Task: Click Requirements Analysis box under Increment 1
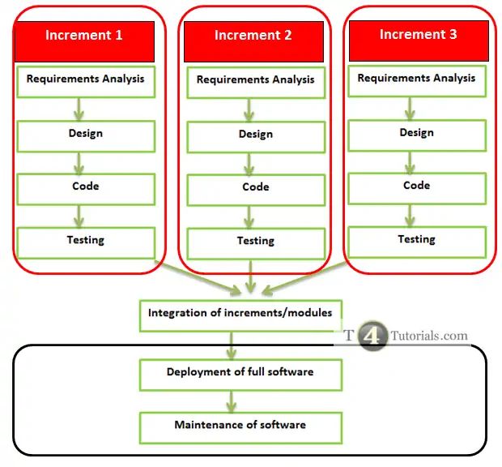(86, 80)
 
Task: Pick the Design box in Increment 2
(255, 135)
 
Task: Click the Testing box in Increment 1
(86, 242)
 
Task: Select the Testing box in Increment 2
(255, 242)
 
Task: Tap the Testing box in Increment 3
(417, 241)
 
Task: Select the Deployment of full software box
(240, 373)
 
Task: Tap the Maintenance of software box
(240, 426)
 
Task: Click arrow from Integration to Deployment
(232, 345)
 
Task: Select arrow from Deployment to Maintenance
(232, 400)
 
